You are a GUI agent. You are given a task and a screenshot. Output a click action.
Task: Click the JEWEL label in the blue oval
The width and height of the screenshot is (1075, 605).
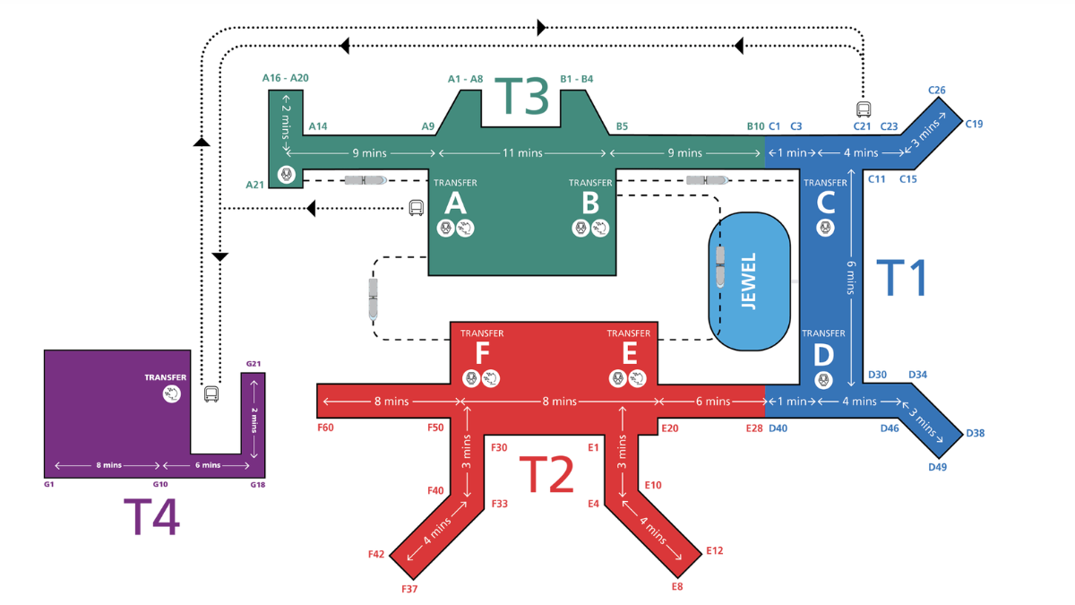click(x=749, y=281)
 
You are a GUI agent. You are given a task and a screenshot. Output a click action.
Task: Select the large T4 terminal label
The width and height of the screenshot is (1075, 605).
click(x=151, y=516)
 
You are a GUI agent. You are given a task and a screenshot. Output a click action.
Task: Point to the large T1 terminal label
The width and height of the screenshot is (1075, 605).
click(x=900, y=278)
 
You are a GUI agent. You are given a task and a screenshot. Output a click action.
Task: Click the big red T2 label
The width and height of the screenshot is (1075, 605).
click(x=546, y=474)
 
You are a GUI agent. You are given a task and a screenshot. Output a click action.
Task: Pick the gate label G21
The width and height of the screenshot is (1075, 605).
click(x=254, y=364)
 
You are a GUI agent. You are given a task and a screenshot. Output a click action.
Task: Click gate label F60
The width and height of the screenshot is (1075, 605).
click(x=325, y=428)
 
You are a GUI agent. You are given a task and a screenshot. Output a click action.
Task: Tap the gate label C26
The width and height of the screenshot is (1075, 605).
click(x=937, y=91)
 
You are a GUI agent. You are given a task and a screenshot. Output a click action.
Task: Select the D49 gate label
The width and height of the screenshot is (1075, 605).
click(x=937, y=467)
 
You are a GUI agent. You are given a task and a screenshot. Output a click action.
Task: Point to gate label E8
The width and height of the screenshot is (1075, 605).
click(x=677, y=586)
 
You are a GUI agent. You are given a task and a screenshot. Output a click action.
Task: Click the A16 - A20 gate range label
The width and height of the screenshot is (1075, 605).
click(x=285, y=78)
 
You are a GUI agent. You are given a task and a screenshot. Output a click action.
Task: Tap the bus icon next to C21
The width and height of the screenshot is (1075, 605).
click(x=864, y=109)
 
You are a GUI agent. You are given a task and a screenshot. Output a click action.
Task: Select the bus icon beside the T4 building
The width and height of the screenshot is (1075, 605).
click(x=211, y=393)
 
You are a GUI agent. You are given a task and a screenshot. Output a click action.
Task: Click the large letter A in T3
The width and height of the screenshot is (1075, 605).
click(x=455, y=203)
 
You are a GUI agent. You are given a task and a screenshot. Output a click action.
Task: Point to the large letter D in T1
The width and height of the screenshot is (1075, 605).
click(x=823, y=355)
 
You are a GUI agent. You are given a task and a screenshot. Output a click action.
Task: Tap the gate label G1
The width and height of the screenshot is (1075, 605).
click(x=48, y=485)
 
